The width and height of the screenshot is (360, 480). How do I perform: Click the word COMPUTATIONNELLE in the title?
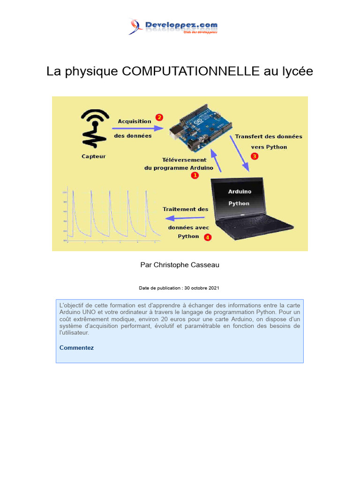pos(190,72)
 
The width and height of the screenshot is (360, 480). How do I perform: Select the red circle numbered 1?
pos(195,175)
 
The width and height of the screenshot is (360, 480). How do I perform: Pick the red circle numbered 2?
pos(159,118)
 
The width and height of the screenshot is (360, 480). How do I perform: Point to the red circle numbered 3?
pos(255,156)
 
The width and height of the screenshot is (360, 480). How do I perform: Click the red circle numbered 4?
pos(208,237)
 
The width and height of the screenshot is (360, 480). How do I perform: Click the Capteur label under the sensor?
pos(94,157)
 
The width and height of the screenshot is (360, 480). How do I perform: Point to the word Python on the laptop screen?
pos(239,203)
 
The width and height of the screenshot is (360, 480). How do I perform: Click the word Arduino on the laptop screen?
pos(240,191)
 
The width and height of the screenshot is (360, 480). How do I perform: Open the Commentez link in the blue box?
pos(76,348)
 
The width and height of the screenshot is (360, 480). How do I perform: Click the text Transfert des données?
pos(269,136)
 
